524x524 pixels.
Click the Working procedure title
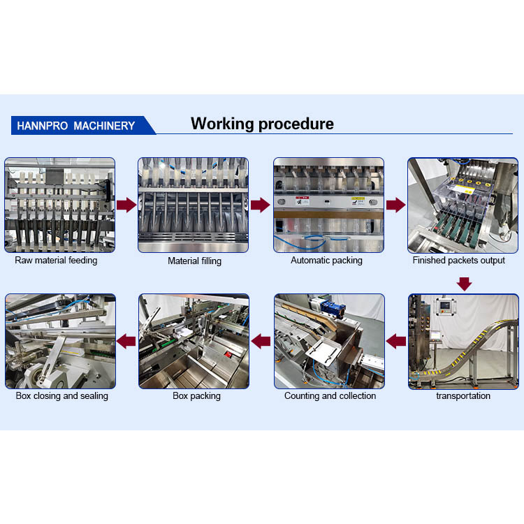pos(262,124)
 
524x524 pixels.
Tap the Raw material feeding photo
pos(60,205)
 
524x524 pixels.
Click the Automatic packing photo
pos(328,205)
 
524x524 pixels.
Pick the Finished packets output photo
pos(463,205)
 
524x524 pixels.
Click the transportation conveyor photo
pos(463,341)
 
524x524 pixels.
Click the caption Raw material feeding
pos(56,261)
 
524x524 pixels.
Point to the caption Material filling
pos(194,261)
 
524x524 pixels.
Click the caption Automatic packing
pos(326,261)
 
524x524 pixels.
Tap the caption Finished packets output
pos(458,261)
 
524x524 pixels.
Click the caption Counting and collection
pos(330,396)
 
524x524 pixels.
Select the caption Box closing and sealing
pos(61,396)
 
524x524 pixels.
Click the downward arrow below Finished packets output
pos(465,283)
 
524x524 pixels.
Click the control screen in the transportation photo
pos(443,307)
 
